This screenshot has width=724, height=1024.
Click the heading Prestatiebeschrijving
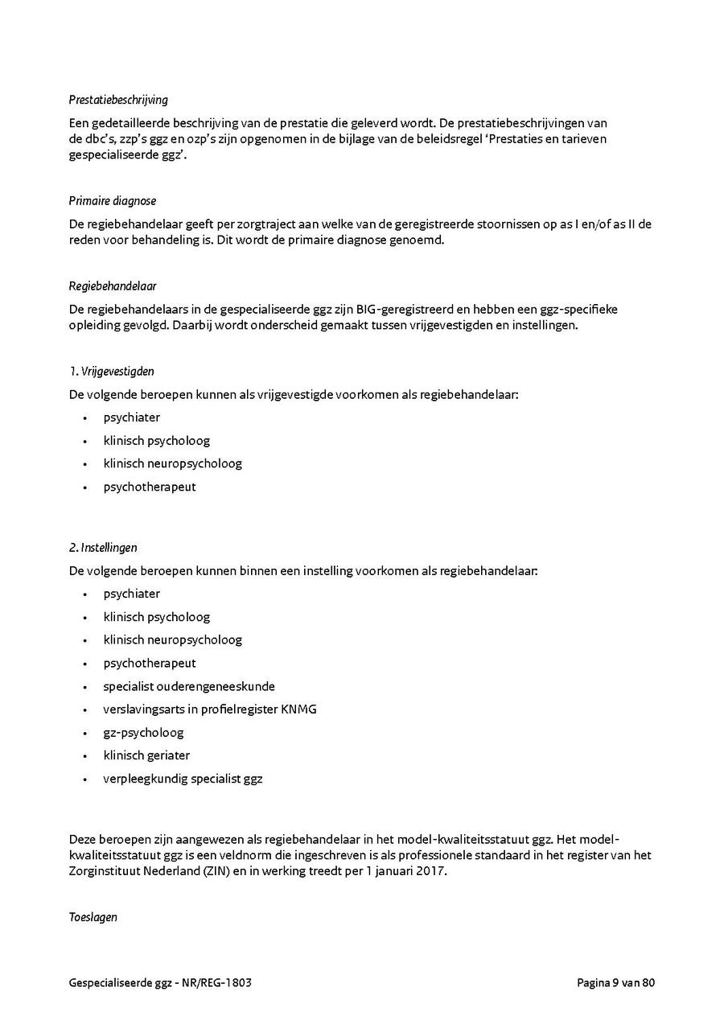[x=118, y=101]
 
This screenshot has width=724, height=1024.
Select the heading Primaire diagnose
[x=113, y=201]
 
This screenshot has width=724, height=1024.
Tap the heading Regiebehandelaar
[x=113, y=286]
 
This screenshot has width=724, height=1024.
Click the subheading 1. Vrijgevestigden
[x=111, y=372]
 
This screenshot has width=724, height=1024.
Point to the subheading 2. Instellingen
[x=103, y=548]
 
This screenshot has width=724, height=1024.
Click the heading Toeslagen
[x=93, y=917]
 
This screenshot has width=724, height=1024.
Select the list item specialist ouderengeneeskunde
[x=189, y=687]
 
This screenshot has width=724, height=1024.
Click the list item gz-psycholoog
[x=143, y=733]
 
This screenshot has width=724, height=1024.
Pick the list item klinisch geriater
[x=146, y=755]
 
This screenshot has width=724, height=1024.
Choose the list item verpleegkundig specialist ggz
[x=183, y=779]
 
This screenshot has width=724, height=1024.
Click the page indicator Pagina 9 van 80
[x=615, y=983]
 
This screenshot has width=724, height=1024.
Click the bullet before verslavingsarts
[x=84, y=710]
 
